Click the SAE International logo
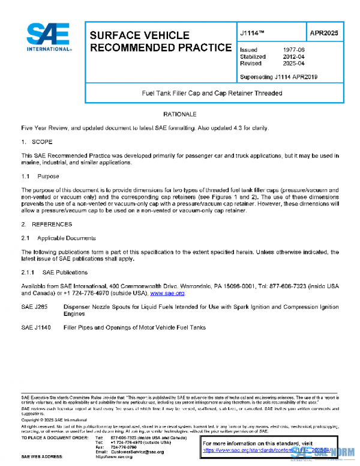pos(48,38)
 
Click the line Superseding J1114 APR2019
pos(278,77)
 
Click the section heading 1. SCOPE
pos(37,142)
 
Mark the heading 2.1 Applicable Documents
pos(55,238)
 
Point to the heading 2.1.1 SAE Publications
pos(54,273)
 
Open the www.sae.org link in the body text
pos(167,294)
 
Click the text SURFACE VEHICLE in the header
pos(140,35)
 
